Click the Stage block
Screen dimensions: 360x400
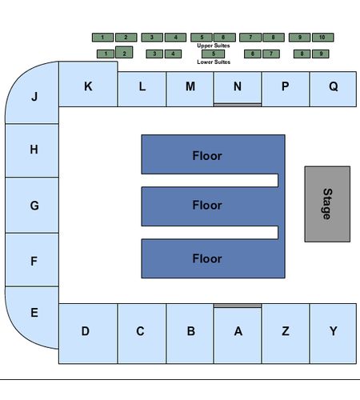(x=327, y=204)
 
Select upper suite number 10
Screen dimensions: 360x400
(x=322, y=38)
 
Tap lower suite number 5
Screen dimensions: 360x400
(x=214, y=54)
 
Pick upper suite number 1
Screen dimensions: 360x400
(x=102, y=38)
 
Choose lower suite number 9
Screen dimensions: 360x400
(x=321, y=54)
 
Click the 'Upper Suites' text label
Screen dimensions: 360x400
(x=214, y=46)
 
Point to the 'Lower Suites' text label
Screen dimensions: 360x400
(x=214, y=62)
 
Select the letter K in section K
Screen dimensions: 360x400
(x=88, y=86)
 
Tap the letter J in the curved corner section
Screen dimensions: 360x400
(x=34, y=96)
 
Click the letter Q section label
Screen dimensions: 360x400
(x=334, y=86)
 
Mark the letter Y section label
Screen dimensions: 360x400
(x=334, y=331)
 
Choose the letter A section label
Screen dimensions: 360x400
(x=238, y=331)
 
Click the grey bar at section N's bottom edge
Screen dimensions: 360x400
(x=238, y=105)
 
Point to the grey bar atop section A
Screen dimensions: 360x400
(x=238, y=306)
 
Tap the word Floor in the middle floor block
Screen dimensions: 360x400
(x=207, y=205)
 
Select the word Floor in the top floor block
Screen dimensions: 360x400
(x=207, y=156)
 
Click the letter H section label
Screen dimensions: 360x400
(x=34, y=150)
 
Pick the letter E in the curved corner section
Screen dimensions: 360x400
(x=34, y=313)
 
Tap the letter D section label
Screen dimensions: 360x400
(x=86, y=331)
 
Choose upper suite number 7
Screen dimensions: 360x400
(x=250, y=38)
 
